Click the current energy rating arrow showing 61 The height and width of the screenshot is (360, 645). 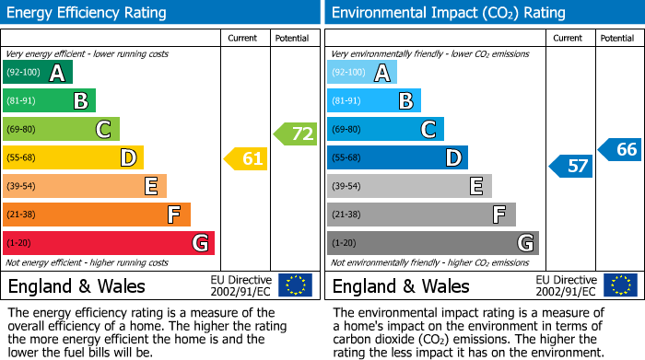coord(246,159)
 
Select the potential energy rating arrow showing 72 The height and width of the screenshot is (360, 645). coord(295,134)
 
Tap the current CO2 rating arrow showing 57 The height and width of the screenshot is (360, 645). coord(570,167)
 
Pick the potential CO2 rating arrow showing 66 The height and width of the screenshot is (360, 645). coord(620,149)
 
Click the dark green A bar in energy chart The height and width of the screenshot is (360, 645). coord(38,73)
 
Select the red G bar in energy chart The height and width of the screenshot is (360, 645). coord(109,243)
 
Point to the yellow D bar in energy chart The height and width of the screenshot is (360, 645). coord(73,158)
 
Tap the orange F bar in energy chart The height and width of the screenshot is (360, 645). coord(97,215)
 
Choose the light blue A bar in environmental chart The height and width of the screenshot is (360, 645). coord(362,73)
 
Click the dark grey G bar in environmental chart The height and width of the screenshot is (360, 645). coord(432,243)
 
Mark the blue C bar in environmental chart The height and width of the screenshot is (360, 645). coord(385,130)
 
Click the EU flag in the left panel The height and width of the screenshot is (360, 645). coord(295,285)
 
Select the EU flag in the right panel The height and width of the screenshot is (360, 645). coord(621,285)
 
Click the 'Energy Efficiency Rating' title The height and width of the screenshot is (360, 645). coord(88,13)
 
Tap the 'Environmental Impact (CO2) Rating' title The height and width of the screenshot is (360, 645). coord(448,13)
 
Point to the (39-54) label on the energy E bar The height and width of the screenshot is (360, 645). coord(20,187)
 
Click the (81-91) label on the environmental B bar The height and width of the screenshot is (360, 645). coord(346,101)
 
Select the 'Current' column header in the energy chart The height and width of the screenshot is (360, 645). coord(243,38)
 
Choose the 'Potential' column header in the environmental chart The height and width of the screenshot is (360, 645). coord(617,38)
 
